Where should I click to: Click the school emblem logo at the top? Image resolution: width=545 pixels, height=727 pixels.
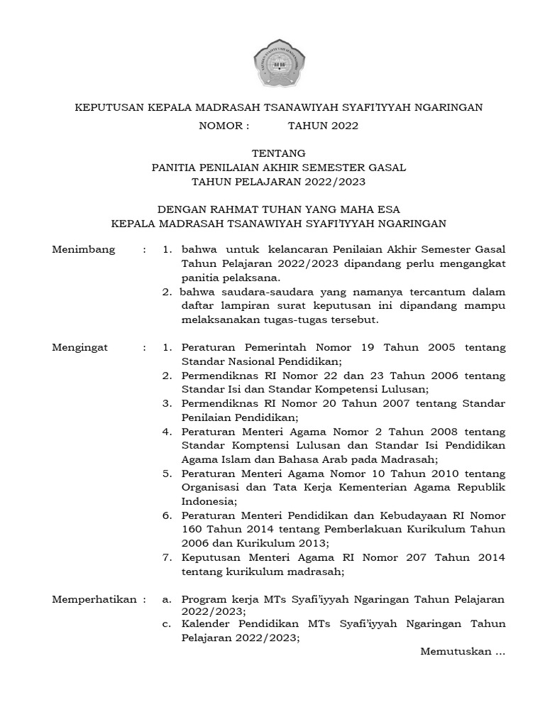click(278, 65)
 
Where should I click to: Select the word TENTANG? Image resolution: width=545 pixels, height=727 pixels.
click(280, 153)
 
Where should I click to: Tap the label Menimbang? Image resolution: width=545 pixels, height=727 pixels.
click(84, 251)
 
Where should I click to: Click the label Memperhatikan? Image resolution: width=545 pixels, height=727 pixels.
click(94, 599)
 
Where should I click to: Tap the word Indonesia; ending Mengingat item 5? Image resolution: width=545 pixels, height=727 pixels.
click(207, 501)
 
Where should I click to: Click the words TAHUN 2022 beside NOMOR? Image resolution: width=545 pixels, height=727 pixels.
click(323, 126)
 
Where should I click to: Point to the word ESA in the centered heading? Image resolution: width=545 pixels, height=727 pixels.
click(387, 209)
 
